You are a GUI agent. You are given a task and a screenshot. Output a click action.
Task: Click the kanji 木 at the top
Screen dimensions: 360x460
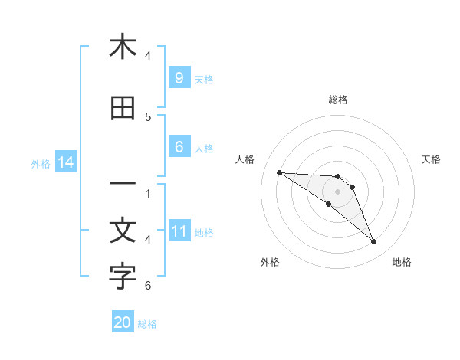coord(123,47)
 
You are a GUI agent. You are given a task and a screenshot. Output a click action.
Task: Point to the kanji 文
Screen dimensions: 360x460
coord(123,231)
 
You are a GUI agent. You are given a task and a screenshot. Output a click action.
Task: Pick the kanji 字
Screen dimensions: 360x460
coord(123,277)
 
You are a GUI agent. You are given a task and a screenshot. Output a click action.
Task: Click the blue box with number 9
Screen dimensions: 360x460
coord(179,77)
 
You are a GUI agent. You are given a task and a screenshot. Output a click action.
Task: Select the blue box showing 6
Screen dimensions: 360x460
coord(179,147)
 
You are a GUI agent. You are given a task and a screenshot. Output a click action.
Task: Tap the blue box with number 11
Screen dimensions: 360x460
coord(179,231)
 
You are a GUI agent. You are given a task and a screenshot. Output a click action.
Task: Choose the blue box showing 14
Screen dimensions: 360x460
coord(65,162)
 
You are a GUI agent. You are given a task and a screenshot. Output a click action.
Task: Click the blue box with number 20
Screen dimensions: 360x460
coord(123,322)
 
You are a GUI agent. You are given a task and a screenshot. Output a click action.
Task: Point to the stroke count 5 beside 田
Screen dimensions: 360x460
coord(148,117)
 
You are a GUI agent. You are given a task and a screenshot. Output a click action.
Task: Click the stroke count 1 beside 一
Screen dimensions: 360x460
coord(148,193)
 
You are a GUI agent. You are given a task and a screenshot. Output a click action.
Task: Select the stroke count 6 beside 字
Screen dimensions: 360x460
coord(148,286)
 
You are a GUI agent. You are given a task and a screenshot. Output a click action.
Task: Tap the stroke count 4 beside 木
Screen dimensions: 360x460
coord(148,56)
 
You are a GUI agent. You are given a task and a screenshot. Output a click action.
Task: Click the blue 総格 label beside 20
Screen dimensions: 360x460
coord(147,324)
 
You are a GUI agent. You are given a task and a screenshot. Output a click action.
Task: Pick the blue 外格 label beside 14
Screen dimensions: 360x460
coord(40,163)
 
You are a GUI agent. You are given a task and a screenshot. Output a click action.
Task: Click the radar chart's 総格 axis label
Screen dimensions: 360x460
coord(338,100)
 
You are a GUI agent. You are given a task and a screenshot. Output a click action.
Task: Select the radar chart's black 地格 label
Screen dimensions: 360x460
coord(402,262)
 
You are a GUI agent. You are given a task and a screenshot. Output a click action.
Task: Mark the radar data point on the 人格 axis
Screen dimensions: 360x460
coord(279,172)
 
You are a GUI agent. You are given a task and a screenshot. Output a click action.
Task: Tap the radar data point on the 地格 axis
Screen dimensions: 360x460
coord(373,242)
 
